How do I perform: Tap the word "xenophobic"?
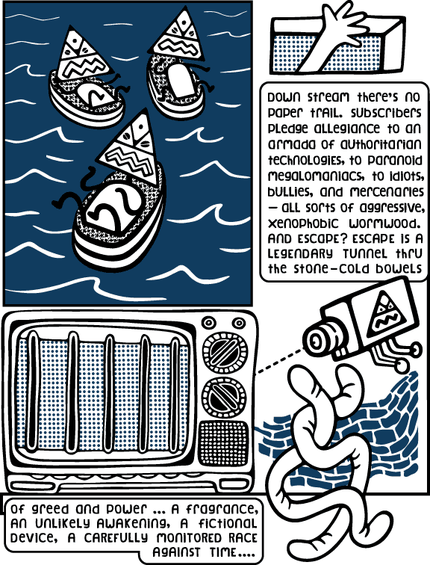pyautogui.click(x=303, y=223)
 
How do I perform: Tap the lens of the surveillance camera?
pyautogui.click(x=317, y=339)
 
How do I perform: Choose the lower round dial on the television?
pyautogui.click(x=225, y=396)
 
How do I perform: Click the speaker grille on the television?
pyautogui.click(x=224, y=443)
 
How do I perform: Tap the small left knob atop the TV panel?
pyautogui.click(x=209, y=323)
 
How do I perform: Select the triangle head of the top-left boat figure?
pyautogui.click(x=82, y=56)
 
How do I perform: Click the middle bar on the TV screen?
pyautogui.click(x=109, y=393)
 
